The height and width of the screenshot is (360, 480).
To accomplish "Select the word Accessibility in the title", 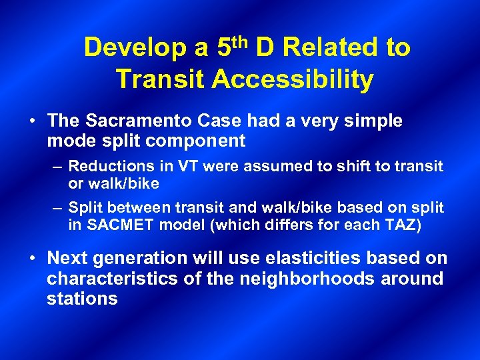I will pos(293,79).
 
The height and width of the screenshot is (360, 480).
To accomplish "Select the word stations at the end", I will pos(82,298).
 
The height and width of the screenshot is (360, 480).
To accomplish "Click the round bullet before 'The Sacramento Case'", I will pos(32,121).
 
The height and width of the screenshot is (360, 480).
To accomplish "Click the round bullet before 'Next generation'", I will pos(32,259).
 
